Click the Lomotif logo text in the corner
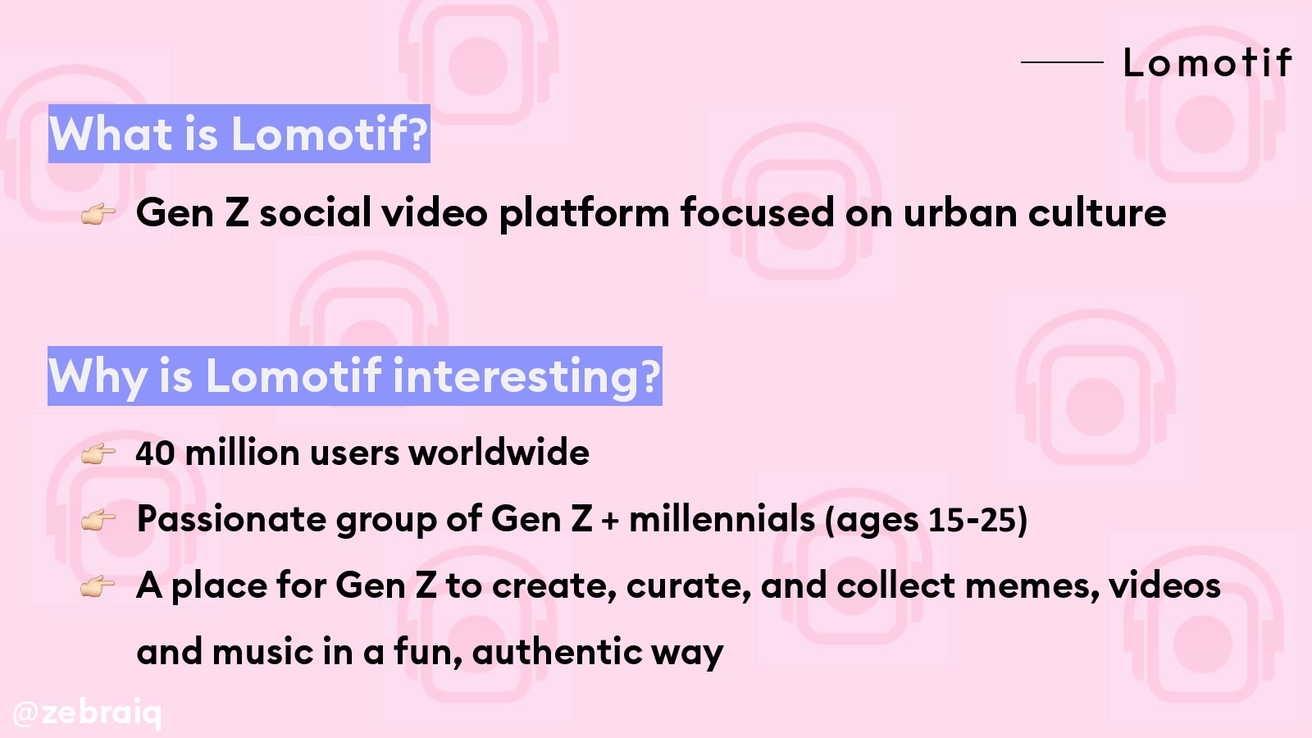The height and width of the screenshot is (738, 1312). [1207, 61]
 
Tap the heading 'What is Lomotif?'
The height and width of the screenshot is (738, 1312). [239, 134]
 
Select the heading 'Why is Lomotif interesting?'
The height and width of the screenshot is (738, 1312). [355, 376]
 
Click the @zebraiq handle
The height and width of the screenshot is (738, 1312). [87, 713]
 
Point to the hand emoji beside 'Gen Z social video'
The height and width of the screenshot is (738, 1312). [98, 214]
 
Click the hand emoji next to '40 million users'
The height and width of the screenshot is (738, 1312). [98, 454]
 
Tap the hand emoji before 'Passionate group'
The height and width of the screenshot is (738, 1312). [98, 520]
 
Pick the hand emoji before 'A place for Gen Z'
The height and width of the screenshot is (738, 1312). [98, 586]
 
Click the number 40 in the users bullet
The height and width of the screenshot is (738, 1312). [155, 453]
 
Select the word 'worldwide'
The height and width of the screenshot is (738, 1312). [499, 452]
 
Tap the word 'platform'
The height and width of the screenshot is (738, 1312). [584, 213]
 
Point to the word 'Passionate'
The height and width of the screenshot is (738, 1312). [230, 518]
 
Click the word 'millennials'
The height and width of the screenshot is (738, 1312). [722, 518]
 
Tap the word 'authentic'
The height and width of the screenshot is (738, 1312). [557, 651]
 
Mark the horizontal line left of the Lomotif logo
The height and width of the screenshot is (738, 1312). [1062, 61]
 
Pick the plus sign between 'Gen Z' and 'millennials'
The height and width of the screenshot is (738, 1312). [610, 520]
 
